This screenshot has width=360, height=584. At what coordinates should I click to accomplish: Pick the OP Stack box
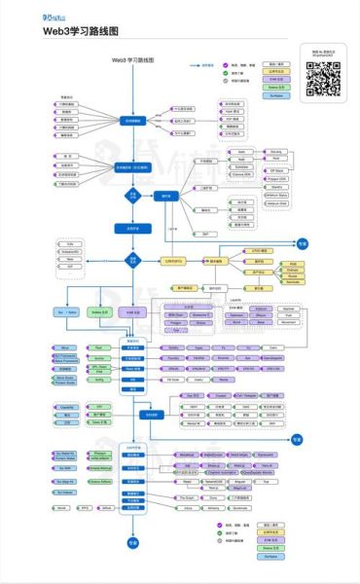(277, 169)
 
